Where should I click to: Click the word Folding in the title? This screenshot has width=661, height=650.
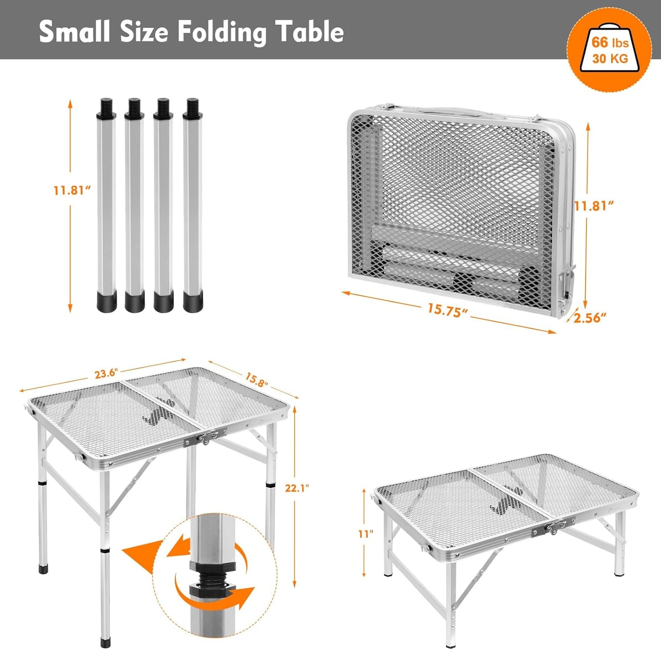pyautogui.click(x=221, y=32)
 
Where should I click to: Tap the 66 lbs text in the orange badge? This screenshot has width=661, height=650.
pyautogui.click(x=610, y=43)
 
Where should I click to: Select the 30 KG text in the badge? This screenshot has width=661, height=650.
pyautogui.click(x=610, y=59)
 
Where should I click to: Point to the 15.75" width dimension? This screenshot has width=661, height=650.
pyautogui.click(x=447, y=310)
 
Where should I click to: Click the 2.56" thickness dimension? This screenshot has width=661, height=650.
pyautogui.click(x=590, y=317)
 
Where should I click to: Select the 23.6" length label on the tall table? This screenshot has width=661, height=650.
pyautogui.click(x=106, y=373)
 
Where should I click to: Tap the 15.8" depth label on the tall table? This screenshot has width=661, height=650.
pyautogui.click(x=256, y=379)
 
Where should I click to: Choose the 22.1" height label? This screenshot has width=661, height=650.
pyautogui.click(x=296, y=488)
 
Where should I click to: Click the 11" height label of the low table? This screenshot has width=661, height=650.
pyautogui.click(x=365, y=534)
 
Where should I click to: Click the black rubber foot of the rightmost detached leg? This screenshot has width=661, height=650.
pyautogui.click(x=193, y=302)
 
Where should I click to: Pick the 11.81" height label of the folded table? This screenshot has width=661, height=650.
pyautogui.click(x=593, y=206)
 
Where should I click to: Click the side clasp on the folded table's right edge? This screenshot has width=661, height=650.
pyautogui.click(x=566, y=284)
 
